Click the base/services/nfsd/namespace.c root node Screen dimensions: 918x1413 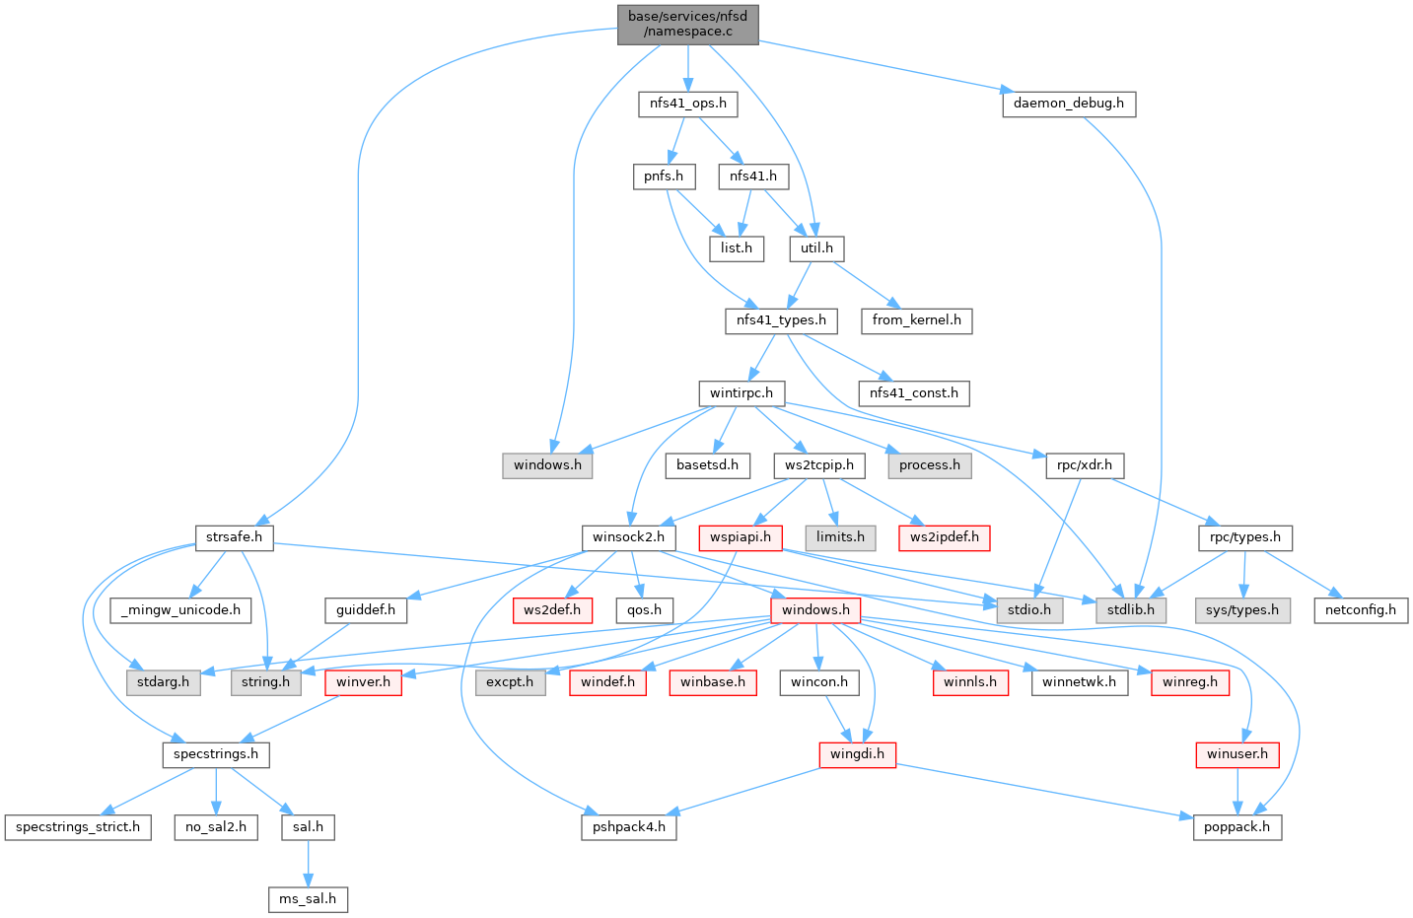coord(688,24)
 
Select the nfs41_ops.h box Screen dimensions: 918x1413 coord(688,103)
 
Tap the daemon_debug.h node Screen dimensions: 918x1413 coord(1069,103)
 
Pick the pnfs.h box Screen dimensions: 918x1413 coord(664,176)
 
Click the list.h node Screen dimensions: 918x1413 coord(737,247)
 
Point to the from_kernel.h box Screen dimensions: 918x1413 coord(916,319)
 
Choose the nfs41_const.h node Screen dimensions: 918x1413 coord(913,392)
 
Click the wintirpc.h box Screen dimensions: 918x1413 coord(742,392)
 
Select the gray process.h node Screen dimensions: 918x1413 coord(929,464)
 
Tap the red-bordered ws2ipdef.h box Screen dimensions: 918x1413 coord(945,537)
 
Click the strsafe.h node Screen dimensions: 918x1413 coord(234,537)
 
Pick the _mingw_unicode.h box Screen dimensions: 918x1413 coord(180,609)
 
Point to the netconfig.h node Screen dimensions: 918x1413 coord(1361,609)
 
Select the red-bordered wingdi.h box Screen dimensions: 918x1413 coord(857,754)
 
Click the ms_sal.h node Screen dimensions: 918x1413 coord(308,898)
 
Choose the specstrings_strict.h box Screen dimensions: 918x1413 coord(78,826)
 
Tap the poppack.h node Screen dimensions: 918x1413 coord(1237,826)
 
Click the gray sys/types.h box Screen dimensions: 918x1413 coord(1242,609)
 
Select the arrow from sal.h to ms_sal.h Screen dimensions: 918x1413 coord(308,863)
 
